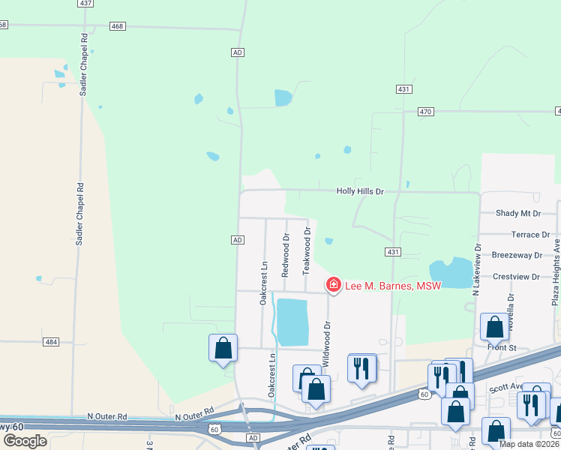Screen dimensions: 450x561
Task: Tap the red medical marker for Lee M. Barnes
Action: tap(333, 285)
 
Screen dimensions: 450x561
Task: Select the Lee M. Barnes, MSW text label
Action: tap(393, 285)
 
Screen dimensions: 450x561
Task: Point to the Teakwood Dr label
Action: tap(307, 250)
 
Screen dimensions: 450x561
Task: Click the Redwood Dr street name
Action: tap(286, 253)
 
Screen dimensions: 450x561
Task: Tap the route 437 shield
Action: tap(85, 4)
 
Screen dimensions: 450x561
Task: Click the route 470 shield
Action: tap(426, 112)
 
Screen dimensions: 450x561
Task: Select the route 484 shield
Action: tap(51, 342)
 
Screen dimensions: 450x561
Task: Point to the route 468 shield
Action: tap(116, 26)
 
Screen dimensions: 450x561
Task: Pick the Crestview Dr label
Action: tap(516, 277)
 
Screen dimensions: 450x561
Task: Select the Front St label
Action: tap(502, 348)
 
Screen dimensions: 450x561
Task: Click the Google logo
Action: tap(25, 440)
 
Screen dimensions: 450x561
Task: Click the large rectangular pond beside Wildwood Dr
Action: tap(292, 322)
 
